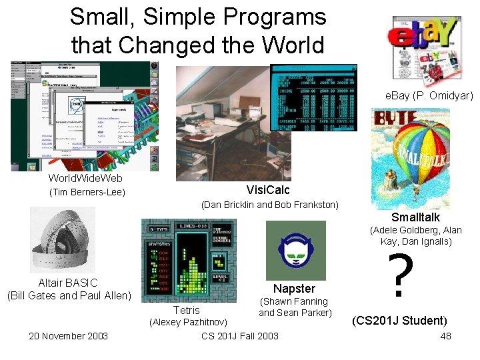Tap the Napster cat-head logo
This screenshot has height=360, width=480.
tap(296, 251)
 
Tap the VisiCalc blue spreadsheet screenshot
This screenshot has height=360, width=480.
tap(313, 97)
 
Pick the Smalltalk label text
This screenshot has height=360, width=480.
tap(415, 217)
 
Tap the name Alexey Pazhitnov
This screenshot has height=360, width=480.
tap(189, 323)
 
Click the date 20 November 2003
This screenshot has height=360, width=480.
tap(68, 335)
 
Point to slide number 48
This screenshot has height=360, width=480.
tap(445, 335)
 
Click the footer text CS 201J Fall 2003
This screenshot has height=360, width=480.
tap(240, 335)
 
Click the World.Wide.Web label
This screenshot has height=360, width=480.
tap(85, 179)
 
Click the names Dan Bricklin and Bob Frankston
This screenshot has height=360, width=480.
tap(270, 205)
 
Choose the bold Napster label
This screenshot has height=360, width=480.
tap(294, 288)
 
